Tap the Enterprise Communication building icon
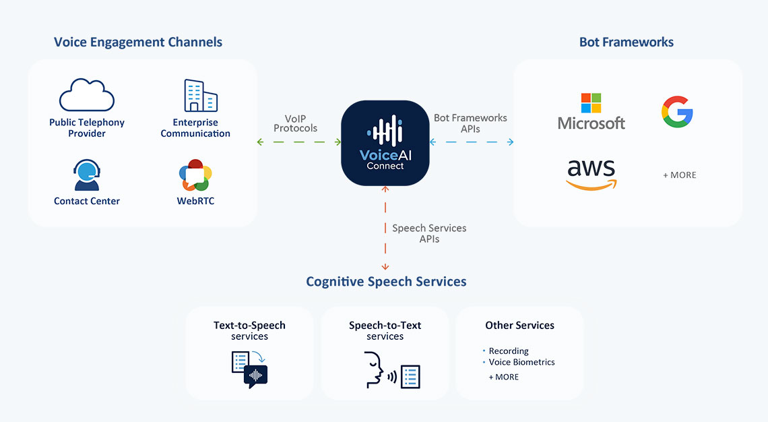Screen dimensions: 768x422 pyautogui.click(x=200, y=96)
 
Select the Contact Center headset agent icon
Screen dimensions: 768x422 pyautogui.click(x=87, y=175)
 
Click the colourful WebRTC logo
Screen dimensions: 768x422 pyautogui.click(x=195, y=175)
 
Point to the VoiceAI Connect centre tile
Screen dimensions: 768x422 pyautogui.click(x=385, y=143)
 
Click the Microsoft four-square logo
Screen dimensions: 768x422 pyautogui.click(x=591, y=103)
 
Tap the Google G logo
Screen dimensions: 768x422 pyautogui.click(x=677, y=112)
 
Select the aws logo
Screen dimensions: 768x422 pyautogui.click(x=591, y=175)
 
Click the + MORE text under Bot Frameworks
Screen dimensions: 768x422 pyautogui.click(x=679, y=175)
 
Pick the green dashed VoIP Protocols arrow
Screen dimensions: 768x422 pyautogui.click(x=298, y=142)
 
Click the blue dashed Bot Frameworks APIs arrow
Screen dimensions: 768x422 pyautogui.click(x=471, y=142)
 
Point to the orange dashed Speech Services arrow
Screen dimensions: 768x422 pyautogui.click(x=385, y=228)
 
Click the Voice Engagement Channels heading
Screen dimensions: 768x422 pyautogui.click(x=138, y=42)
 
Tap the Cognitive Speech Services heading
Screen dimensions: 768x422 pyautogui.click(x=386, y=282)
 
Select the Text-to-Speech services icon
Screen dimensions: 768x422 pyautogui.click(x=249, y=369)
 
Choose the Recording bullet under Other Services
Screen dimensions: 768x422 pyautogui.click(x=505, y=351)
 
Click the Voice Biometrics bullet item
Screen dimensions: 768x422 pyautogui.click(x=519, y=362)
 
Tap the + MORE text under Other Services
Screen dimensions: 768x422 pyautogui.click(x=503, y=377)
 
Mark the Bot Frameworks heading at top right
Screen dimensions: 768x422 pyautogui.click(x=627, y=42)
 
